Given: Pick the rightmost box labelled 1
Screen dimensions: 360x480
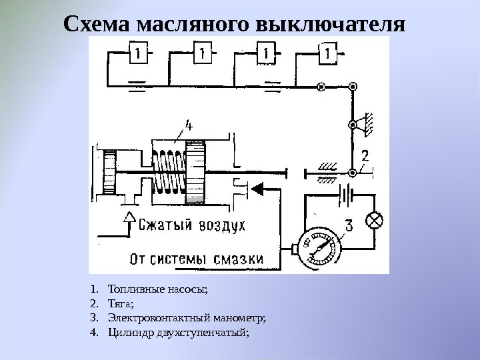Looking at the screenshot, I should (329, 52).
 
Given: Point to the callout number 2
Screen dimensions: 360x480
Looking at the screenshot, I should (365, 157).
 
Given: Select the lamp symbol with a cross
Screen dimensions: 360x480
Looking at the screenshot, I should (377, 221).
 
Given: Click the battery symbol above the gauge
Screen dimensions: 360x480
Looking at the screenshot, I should (345, 195).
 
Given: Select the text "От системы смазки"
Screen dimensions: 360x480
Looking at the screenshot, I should (197, 258).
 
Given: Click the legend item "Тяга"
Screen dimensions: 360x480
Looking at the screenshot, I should (120, 303).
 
